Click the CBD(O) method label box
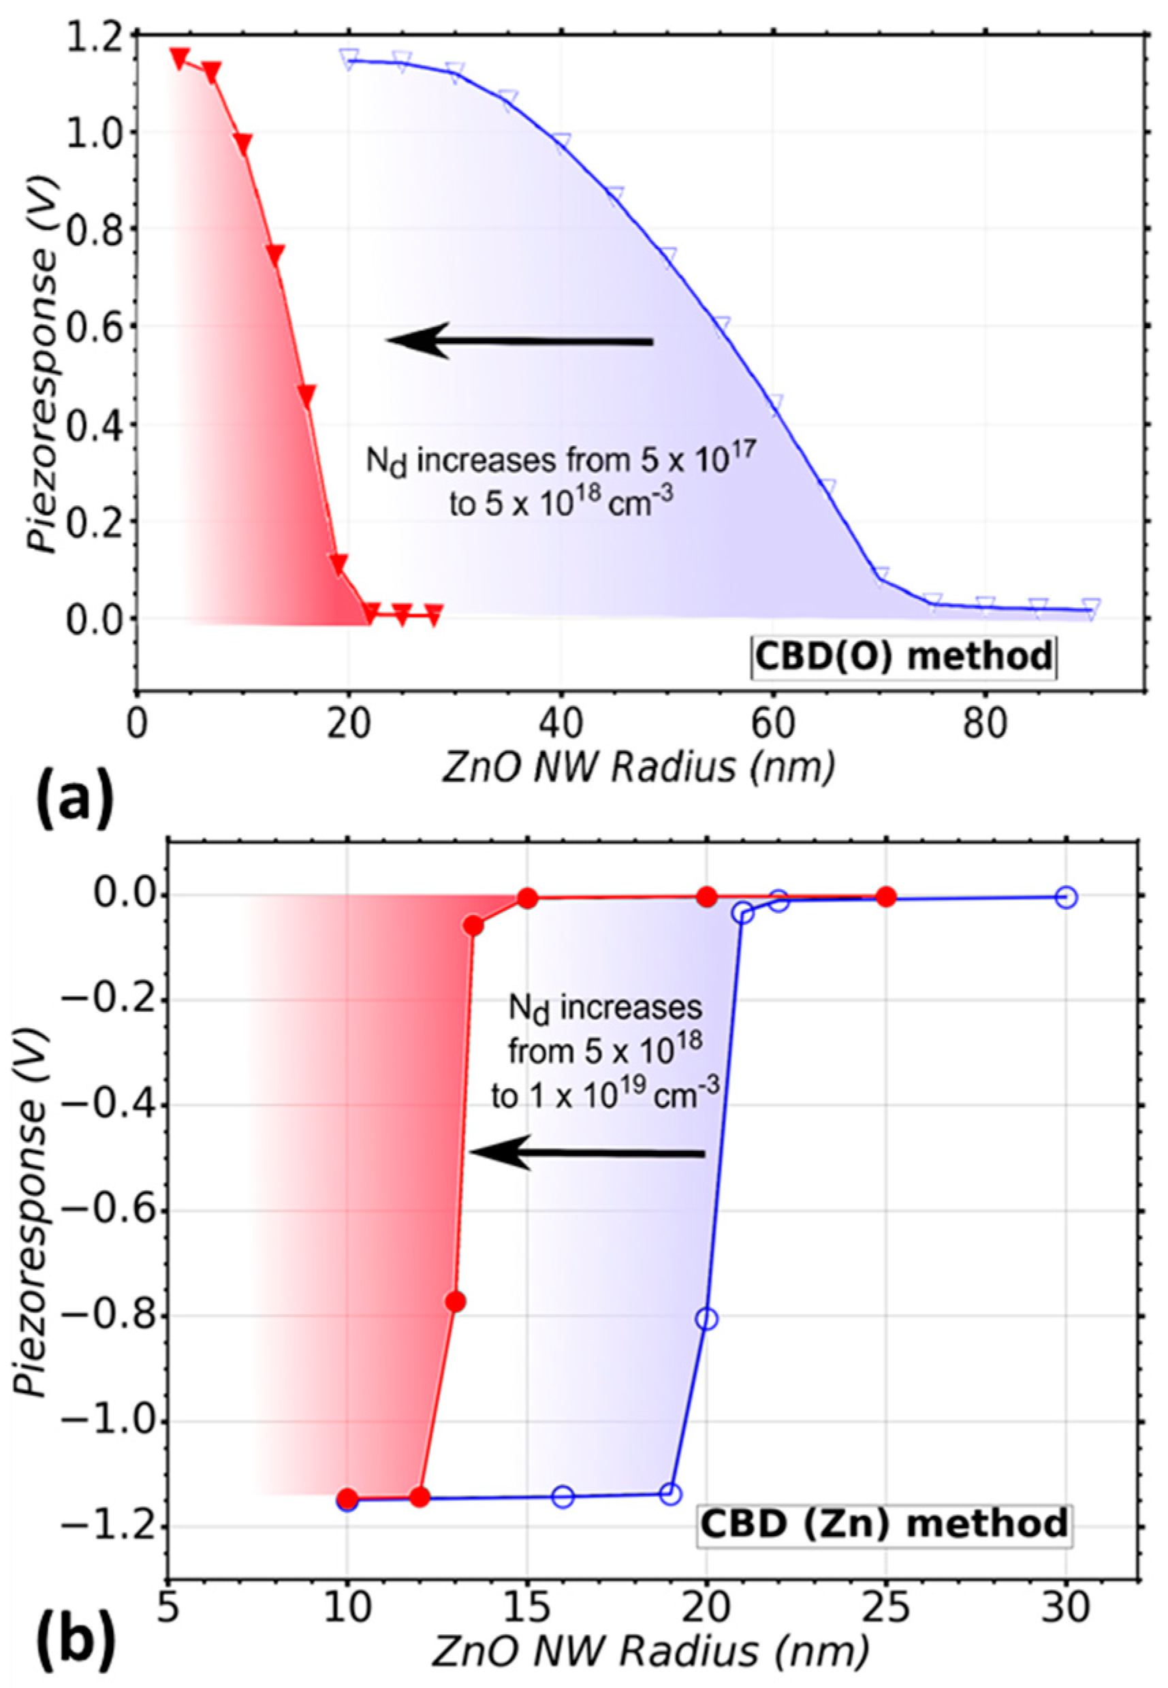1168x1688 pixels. (x=903, y=656)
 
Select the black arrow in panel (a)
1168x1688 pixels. (x=519, y=341)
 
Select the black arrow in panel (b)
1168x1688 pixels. (x=586, y=1153)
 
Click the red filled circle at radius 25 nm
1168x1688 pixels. (x=886, y=896)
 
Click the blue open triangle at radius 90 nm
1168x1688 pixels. (x=1091, y=609)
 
